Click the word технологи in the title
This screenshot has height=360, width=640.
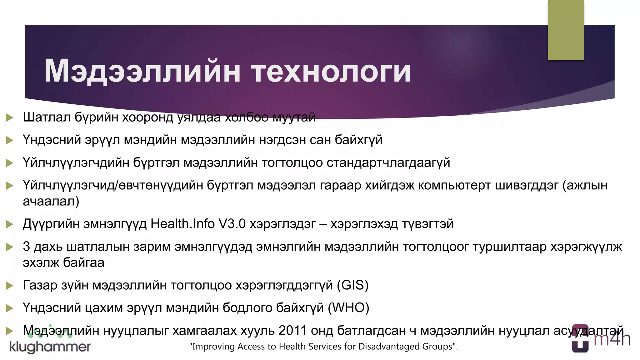click(331, 72)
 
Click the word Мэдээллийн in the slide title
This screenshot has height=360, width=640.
click(142, 72)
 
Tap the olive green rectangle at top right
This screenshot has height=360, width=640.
click(566, 30)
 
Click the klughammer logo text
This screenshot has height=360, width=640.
click(50, 347)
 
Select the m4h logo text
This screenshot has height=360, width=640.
click(612, 340)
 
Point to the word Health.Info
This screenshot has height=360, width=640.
click(182, 224)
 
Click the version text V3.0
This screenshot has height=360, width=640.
click(232, 224)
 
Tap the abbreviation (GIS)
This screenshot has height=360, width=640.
click(352, 285)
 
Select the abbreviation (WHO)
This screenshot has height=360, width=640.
click(348, 308)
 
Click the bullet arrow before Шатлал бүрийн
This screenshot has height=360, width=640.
click(9, 118)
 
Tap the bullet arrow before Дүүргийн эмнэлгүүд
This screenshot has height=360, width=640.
click(9, 224)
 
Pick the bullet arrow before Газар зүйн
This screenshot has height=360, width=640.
click(9, 285)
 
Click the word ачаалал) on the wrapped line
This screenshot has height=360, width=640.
click(51, 201)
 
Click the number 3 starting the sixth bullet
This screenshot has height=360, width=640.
click(26, 247)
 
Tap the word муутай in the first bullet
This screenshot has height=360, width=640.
click(294, 117)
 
